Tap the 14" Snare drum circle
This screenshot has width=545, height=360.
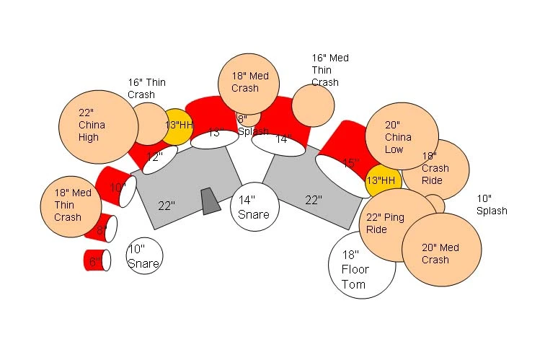click(x=254, y=208)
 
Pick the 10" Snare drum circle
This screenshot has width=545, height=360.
click(x=144, y=256)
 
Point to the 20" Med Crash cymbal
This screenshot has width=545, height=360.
click(x=442, y=249)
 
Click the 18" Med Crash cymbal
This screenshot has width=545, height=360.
click(x=249, y=83)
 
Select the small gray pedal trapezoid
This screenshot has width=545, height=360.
click(x=210, y=201)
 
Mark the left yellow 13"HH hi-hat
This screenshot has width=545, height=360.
click(x=179, y=124)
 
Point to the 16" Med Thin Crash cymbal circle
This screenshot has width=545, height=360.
click(x=313, y=105)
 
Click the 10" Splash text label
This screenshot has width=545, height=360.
click(x=492, y=205)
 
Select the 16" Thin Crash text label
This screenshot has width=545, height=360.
click(x=146, y=88)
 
